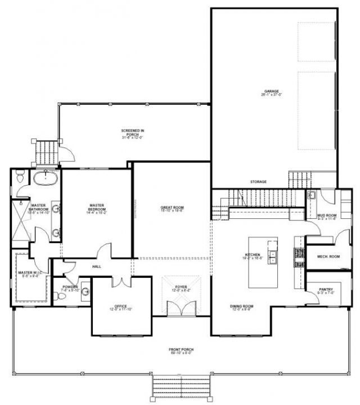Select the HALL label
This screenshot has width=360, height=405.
click(96, 266)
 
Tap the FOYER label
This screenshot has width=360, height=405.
click(181, 288)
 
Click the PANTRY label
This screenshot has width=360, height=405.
click(325, 291)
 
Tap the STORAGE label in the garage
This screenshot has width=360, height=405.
click(258, 182)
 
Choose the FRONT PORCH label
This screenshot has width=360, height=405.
click(181, 352)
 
